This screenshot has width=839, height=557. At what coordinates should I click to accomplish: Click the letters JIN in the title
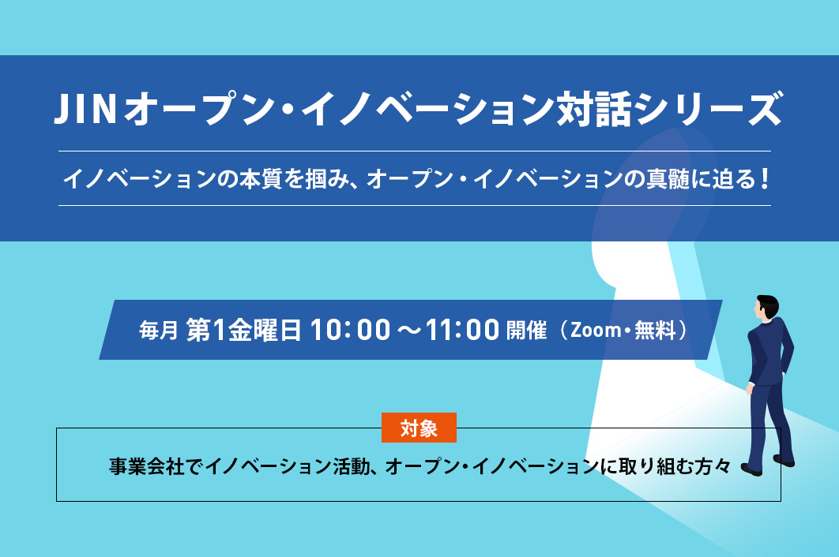tap(85, 109)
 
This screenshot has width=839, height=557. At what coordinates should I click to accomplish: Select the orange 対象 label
tap(419, 428)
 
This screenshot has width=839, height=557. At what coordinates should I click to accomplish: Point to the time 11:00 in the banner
tap(463, 330)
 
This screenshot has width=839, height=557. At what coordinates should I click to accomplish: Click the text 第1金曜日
tap(243, 330)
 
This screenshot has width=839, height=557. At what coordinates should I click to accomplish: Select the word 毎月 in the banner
tap(158, 331)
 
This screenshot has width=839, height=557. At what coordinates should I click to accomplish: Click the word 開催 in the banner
tap(526, 330)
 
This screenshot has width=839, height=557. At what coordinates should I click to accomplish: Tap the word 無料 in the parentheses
tap(656, 330)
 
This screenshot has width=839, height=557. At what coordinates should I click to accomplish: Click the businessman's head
tap(767, 307)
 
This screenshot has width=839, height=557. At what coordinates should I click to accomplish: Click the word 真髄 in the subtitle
tap(668, 179)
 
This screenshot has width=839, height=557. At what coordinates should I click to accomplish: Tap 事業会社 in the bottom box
tap(147, 466)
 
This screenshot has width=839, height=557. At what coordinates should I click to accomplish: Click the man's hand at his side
tap(750, 389)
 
